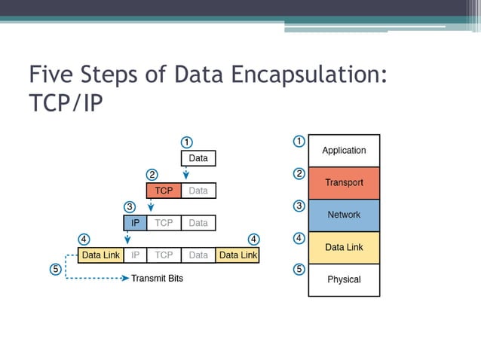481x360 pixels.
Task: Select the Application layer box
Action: [344, 151]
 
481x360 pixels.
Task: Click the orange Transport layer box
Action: [344, 183]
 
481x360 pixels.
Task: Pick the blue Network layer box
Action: [344, 215]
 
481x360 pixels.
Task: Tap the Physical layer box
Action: [344, 279]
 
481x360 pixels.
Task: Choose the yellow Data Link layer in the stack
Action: [344, 247]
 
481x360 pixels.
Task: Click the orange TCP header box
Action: [164, 191]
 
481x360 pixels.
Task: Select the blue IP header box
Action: [135, 223]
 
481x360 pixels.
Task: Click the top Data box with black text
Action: [198, 158]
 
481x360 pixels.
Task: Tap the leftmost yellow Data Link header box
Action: [101, 255]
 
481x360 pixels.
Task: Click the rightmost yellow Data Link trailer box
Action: [237, 255]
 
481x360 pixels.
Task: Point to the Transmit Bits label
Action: [157, 278]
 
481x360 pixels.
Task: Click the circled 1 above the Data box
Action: [187, 142]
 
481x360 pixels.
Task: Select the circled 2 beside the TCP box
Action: [152, 175]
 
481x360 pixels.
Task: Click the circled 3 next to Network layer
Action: [299, 206]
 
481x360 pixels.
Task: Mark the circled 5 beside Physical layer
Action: [299, 269]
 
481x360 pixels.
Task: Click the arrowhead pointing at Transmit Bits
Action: [126, 278]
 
